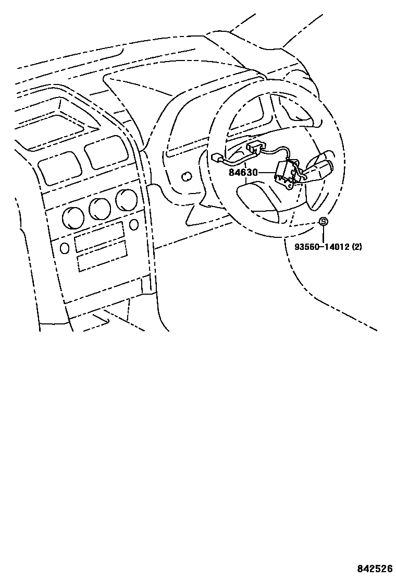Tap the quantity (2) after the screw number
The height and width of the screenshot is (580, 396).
point(357,247)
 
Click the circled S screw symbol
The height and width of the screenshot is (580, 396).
point(323,222)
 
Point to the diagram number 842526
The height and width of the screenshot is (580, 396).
point(374,568)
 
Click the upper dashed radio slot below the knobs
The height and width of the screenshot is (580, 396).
point(99,235)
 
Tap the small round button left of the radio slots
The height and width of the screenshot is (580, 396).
point(64,248)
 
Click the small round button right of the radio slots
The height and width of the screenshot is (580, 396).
point(134,224)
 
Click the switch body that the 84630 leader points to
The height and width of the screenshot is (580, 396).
point(286,173)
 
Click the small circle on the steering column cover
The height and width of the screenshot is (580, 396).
point(185,177)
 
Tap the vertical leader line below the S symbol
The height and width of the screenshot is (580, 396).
point(323,234)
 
